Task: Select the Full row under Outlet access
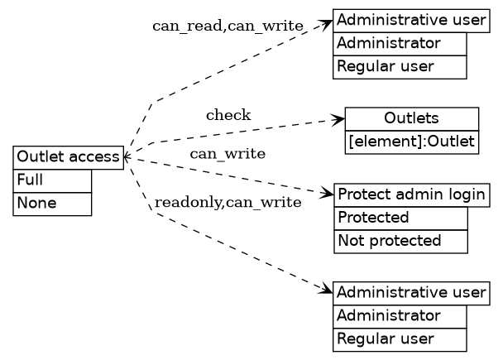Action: (52, 180)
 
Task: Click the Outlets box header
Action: (411, 118)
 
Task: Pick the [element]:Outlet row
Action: (411, 142)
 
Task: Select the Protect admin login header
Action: (411, 194)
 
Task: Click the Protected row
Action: (400, 218)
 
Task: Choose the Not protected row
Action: (400, 241)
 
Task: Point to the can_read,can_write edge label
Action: (228, 26)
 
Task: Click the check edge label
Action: (228, 115)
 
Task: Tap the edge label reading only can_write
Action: (228, 154)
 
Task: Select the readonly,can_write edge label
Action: (228, 202)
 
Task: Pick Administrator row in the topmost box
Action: (400, 43)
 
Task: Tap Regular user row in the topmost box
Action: (400, 66)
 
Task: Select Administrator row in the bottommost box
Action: (400, 316)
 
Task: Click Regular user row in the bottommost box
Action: (400, 339)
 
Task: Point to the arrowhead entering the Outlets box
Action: (339, 120)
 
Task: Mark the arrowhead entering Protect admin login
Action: (328, 195)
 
